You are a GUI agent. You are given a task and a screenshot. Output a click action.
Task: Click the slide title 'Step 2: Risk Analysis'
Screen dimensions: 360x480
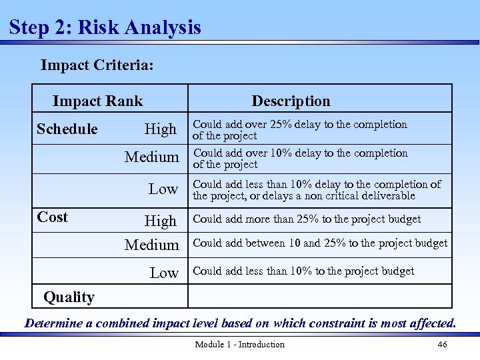click(105, 27)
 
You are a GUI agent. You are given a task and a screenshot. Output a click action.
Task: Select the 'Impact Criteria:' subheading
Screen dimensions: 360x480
click(97, 65)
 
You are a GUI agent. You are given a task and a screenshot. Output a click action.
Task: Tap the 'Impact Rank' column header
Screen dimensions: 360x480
click(97, 101)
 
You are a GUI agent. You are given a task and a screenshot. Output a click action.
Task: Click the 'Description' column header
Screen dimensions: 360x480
click(291, 101)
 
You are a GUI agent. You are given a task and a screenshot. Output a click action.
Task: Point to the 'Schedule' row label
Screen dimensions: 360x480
click(67, 129)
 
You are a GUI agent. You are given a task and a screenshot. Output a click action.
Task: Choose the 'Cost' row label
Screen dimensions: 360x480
click(53, 217)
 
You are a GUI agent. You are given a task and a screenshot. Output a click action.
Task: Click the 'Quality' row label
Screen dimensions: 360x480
click(69, 297)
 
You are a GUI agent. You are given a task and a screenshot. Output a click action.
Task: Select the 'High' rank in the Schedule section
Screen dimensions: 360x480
click(161, 129)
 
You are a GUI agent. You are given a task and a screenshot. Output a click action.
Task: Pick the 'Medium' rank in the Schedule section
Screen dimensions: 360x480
click(152, 157)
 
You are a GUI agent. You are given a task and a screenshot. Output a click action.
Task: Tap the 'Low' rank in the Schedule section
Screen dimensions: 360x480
click(163, 189)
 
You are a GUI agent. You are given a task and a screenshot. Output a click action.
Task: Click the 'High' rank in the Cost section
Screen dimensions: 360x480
click(161, 221)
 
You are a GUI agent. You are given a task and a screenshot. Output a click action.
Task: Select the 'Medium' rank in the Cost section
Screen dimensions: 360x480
click(152, 245)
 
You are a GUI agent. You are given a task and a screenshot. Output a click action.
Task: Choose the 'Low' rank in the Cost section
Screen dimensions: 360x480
click(164, 273)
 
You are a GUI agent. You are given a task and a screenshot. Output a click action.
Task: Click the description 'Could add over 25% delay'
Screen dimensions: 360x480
click(299, 130)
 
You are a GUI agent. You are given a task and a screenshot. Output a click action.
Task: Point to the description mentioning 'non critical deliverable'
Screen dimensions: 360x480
click(317, 190)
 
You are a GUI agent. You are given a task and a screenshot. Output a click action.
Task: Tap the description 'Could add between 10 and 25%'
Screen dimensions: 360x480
click(320, 243)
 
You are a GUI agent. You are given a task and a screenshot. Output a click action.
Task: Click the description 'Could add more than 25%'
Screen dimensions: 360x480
click(307, 219)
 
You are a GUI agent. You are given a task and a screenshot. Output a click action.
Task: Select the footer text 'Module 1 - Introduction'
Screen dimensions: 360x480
click(239, 345)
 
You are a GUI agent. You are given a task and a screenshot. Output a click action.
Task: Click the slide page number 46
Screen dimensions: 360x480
click(442, 345)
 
